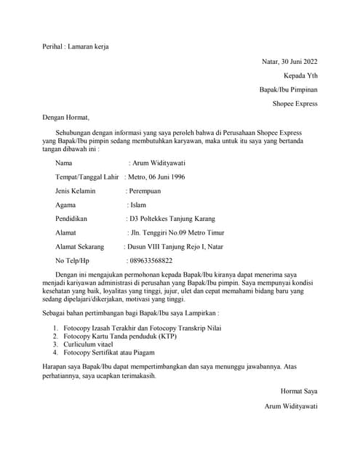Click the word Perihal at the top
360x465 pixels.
[54, 46]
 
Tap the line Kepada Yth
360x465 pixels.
[300, 76]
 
